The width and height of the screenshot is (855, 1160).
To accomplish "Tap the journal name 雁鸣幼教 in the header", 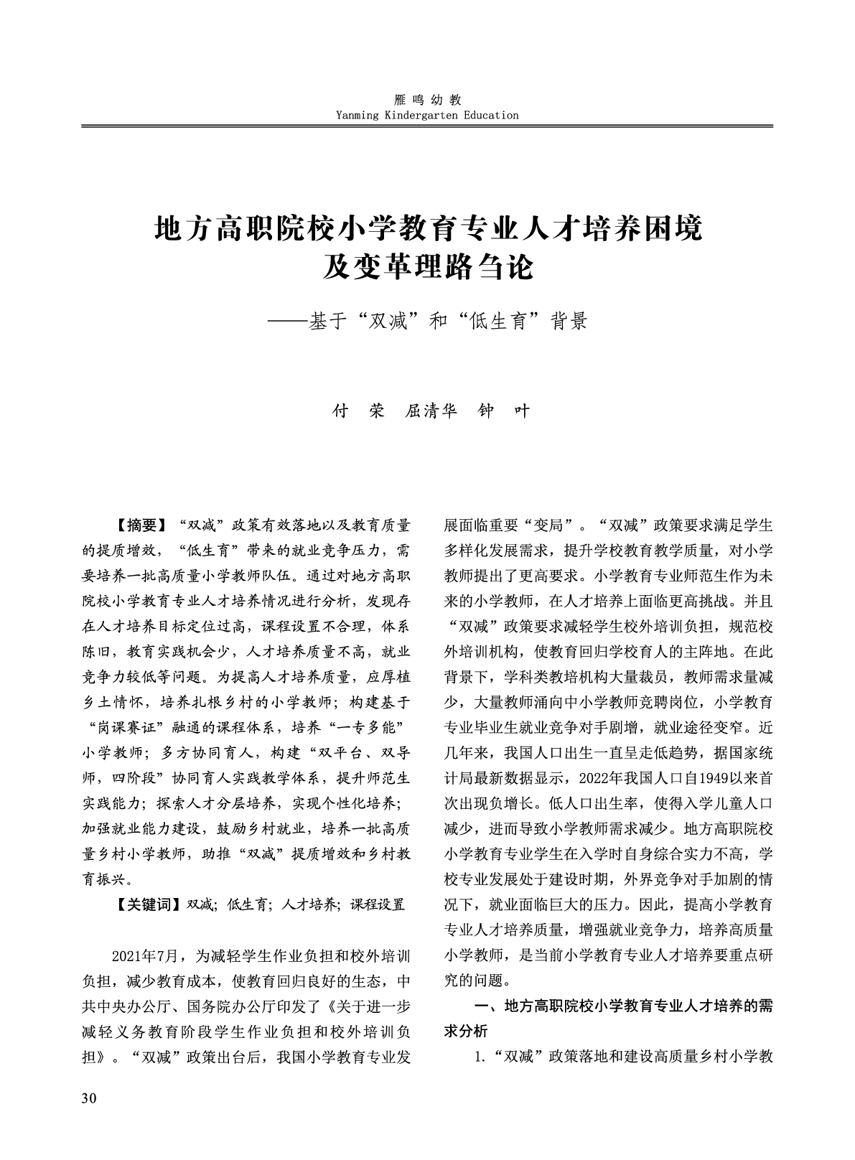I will point(427,100).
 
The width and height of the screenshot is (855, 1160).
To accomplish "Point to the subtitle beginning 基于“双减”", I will point(447,321).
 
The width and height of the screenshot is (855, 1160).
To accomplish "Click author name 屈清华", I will point(431,411).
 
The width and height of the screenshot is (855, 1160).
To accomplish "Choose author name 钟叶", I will point(503,411).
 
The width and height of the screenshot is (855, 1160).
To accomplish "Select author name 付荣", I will point(359,411).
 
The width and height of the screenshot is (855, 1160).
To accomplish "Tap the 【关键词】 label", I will point(146,904).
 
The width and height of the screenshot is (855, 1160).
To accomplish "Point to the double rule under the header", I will point(427,127).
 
